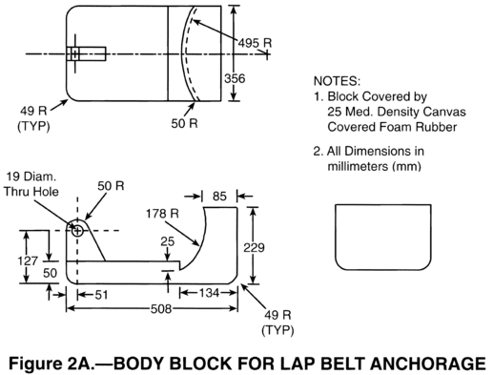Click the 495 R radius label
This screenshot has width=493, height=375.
click(x=255, y=43)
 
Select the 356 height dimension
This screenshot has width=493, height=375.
click(x=235, y=78)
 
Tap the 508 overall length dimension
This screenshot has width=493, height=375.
click(x=161, y=308)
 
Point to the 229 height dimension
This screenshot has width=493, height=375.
click(x=254, y=247)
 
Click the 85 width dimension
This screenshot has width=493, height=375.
click(x=219, y=197)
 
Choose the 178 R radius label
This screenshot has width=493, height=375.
click(x=162, y=214)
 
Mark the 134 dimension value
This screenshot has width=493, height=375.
click(x=209, y=293)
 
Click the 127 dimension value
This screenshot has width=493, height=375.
click(x=28, y=260)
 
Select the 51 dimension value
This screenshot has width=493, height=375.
click(x=101, y=295)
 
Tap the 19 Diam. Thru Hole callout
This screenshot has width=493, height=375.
click(x=31, y=184)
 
